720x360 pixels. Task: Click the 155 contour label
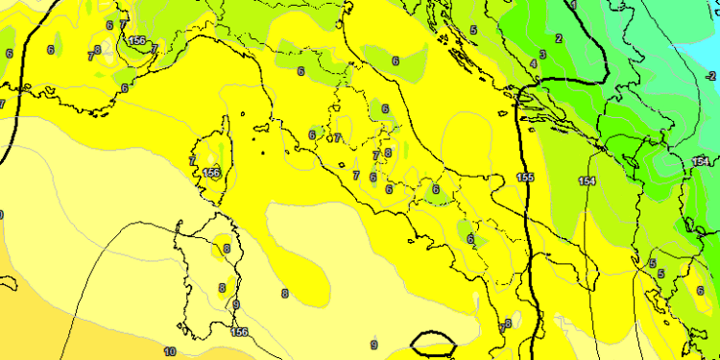click(525, 178)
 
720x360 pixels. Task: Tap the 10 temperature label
click(170, 352)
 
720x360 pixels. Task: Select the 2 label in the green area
click(559, 38)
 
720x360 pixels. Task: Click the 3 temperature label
click(542, 55)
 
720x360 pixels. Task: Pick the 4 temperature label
click(533, 64)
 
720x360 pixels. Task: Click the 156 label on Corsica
click(212, 173)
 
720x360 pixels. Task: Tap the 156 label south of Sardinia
click(239, 332)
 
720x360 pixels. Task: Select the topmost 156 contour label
click(136, 40)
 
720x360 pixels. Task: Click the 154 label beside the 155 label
click(587, 180)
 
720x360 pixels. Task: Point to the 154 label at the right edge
click(700, 161)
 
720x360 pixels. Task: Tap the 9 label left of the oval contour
click(373, 344)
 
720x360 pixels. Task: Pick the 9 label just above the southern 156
click(236, 305)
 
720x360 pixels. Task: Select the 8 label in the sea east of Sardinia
click(285, 293)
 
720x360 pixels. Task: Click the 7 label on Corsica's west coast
click(193, 160)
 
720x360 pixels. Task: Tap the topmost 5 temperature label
click(473, 30)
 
